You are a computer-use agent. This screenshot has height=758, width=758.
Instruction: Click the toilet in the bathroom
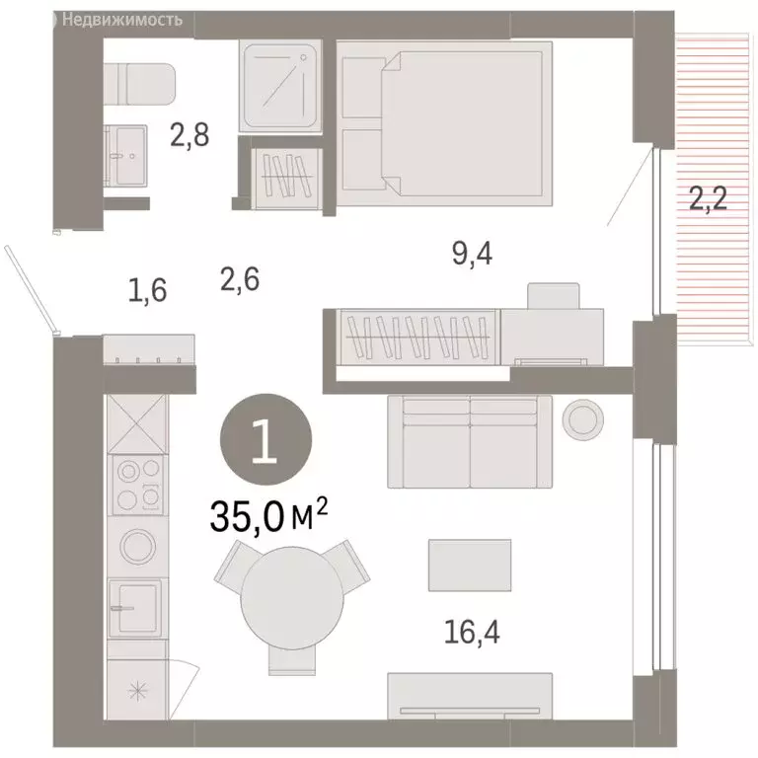coord(140,84)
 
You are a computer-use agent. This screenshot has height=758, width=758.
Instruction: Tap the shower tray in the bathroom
coord(280,86)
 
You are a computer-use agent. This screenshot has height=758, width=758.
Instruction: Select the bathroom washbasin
coord(125,156)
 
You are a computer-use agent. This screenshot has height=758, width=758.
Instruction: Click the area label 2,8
coord(189,135)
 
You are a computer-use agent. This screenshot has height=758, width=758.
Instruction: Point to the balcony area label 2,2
coord(709,198)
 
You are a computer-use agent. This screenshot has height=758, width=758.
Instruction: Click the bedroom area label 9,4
coord(473,253)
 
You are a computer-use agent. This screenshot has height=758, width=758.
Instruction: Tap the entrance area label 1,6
coord(147,290)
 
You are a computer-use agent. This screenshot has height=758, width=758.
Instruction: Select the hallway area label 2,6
coord(240,279)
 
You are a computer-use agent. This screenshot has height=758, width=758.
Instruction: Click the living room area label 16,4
coord(472,632)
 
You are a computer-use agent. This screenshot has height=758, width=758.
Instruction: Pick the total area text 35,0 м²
coord(268,516)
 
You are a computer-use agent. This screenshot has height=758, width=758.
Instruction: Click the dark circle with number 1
coord(265,439)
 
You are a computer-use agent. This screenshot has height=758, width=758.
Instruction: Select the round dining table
coord(292,598)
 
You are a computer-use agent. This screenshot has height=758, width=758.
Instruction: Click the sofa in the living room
coord(470,442)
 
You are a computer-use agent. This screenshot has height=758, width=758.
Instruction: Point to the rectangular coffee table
coord(470,566)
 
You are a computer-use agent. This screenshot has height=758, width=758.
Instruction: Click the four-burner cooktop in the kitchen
coord(138,485)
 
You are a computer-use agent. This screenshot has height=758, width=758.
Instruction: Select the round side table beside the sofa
coord(583,419)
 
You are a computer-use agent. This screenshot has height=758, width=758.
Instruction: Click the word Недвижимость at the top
coord(122,20)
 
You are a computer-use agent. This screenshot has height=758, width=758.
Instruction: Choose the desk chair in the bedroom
coord(554,296)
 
